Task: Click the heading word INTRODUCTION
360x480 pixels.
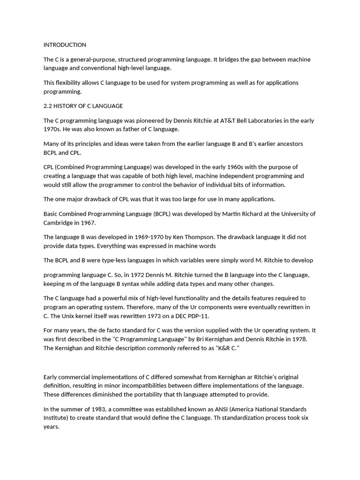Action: (x=65, y=45)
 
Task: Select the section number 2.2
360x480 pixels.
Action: (x=48, y=106)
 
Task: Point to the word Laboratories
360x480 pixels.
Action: (x=258, y=120)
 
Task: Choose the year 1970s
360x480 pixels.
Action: (x=52, y=129)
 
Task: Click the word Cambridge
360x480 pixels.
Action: (x=58, y=223)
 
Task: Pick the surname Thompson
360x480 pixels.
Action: (x=199, y=237)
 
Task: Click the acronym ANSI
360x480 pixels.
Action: (x=220, y=409)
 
